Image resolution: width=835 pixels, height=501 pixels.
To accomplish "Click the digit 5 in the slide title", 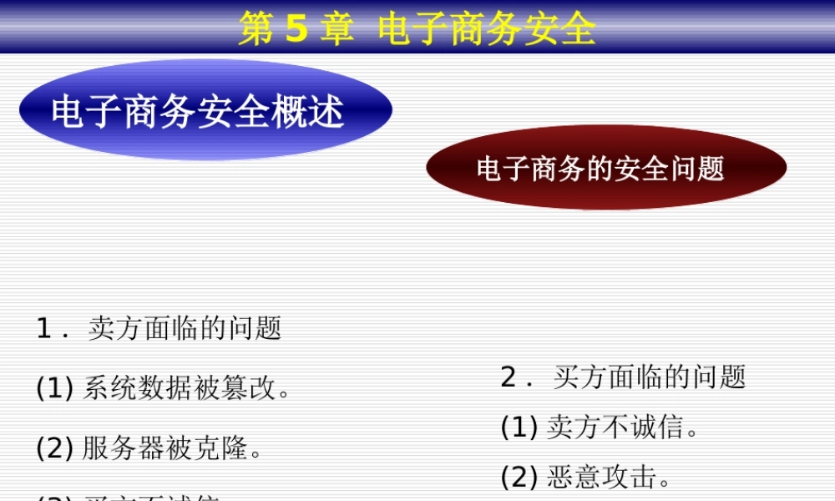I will pos(296,29).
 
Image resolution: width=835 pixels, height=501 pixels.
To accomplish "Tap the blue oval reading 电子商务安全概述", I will pos(205,110).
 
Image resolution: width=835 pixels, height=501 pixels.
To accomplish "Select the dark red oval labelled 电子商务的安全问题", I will pos(606,168).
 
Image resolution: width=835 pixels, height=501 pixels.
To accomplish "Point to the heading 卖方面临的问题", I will pos(185,328).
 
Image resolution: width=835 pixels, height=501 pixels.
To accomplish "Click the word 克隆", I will pos(225,448).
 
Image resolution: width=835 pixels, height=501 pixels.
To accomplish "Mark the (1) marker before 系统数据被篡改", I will pos(55,388).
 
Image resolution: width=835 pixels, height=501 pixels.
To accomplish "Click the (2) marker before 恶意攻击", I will pos(519,478).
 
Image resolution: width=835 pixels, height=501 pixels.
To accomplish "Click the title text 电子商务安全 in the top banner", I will pos(487,29).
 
